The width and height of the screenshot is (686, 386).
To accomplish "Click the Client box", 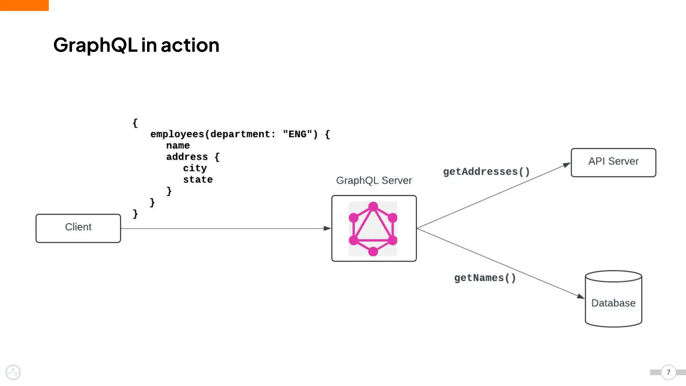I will pyautogui.click(x=78, y=228).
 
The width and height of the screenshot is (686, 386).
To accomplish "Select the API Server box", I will pyautogui.click(x=613, y=163).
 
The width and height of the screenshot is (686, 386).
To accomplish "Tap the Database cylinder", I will pyautogui.click(x=613, y=299).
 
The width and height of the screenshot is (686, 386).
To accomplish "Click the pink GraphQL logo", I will pyautogui.click(x=373, y=229).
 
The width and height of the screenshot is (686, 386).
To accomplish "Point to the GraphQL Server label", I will pyautogui.click(x=374, y=181).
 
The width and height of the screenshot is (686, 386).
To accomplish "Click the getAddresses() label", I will pyautogui.click(x=486, y=172).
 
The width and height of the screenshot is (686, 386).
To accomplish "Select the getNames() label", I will pyautogui.click(x=485, y=278).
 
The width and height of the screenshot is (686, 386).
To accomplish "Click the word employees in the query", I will pyautogui.click(x=177, y=134).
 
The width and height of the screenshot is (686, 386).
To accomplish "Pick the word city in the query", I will pyautogui.click(x=195, y=168).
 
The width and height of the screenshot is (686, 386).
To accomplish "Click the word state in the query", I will pyautogui.click(x=198, y=180).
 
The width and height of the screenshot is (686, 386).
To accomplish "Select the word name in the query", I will pyautogui.click(x=178, y=145).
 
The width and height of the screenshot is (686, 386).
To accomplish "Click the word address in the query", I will pyautogui.click(x=187, y=157).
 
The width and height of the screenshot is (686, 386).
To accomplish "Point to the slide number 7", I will pyautogui.click(x=668, y=372).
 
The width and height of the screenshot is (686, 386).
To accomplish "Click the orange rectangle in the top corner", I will pyautogui.click(x=24, y=5).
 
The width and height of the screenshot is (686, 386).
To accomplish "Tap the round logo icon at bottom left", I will pyautogui.click(x=13, y=372).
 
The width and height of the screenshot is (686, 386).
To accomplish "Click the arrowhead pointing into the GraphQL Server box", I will pyautogui.click(x=327, y=229).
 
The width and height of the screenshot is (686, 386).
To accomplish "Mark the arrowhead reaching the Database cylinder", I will pyautogui.click(x=580, y=296).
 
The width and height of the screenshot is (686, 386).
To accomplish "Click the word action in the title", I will pyautogui.click(x=190, y=45).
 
